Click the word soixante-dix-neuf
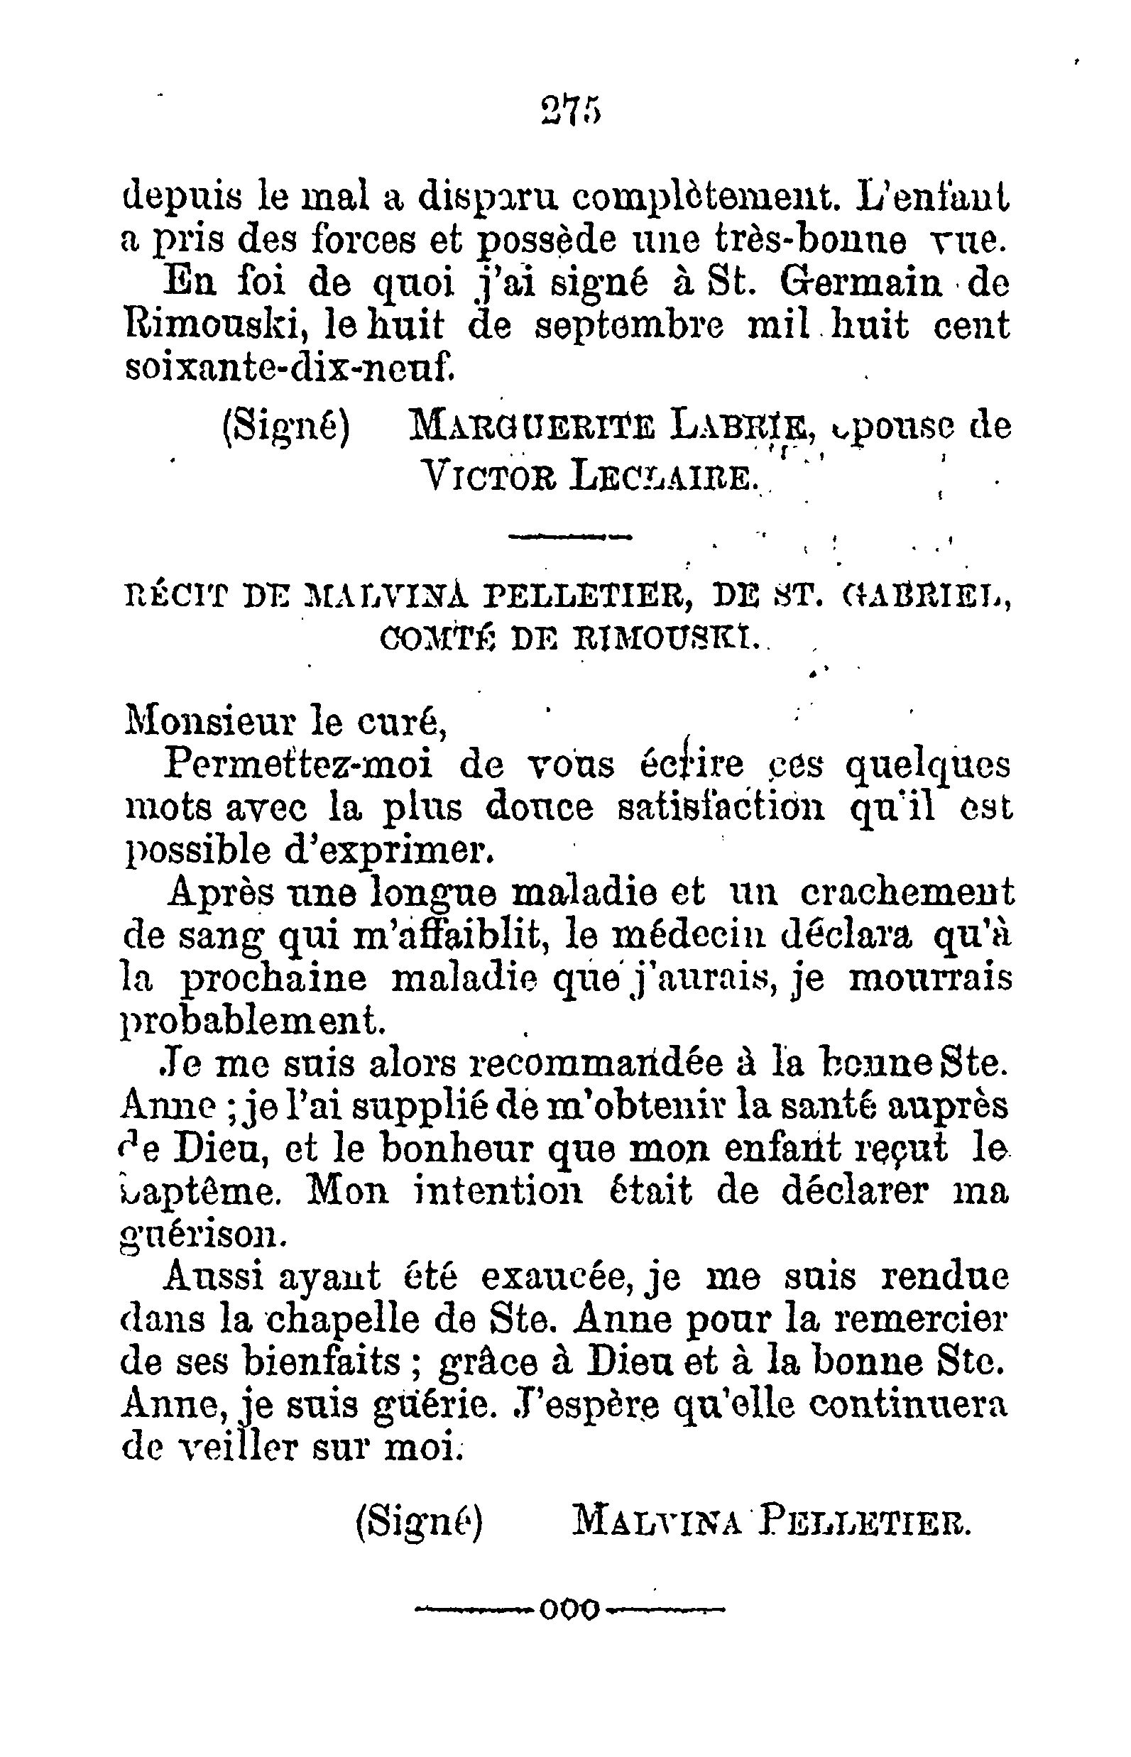(289, 366)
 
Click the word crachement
(906, 894)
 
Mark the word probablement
(251, 1022)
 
